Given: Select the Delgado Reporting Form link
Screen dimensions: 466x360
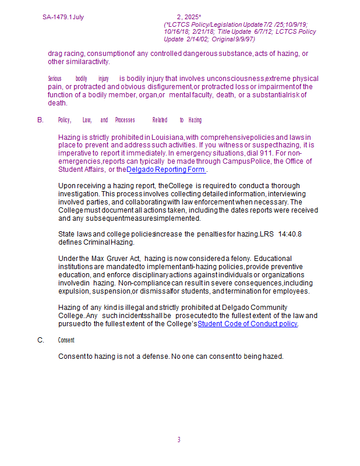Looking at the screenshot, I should [166, 170].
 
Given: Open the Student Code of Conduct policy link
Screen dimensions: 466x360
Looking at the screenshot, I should [248, 324].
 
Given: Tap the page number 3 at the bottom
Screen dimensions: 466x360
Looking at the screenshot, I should [179, 440].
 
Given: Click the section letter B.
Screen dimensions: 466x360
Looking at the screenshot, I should [40, 120].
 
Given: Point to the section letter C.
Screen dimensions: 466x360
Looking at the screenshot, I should [40, 340].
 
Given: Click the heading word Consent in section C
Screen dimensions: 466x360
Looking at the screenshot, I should [66, 340].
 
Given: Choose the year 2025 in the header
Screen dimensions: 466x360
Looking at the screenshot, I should [192, 17].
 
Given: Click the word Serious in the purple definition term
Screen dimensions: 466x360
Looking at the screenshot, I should [54, 79].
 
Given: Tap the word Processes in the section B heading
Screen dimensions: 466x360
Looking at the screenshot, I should [125, 120].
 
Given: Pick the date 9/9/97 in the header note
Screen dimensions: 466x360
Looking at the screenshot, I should [243, 39].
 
